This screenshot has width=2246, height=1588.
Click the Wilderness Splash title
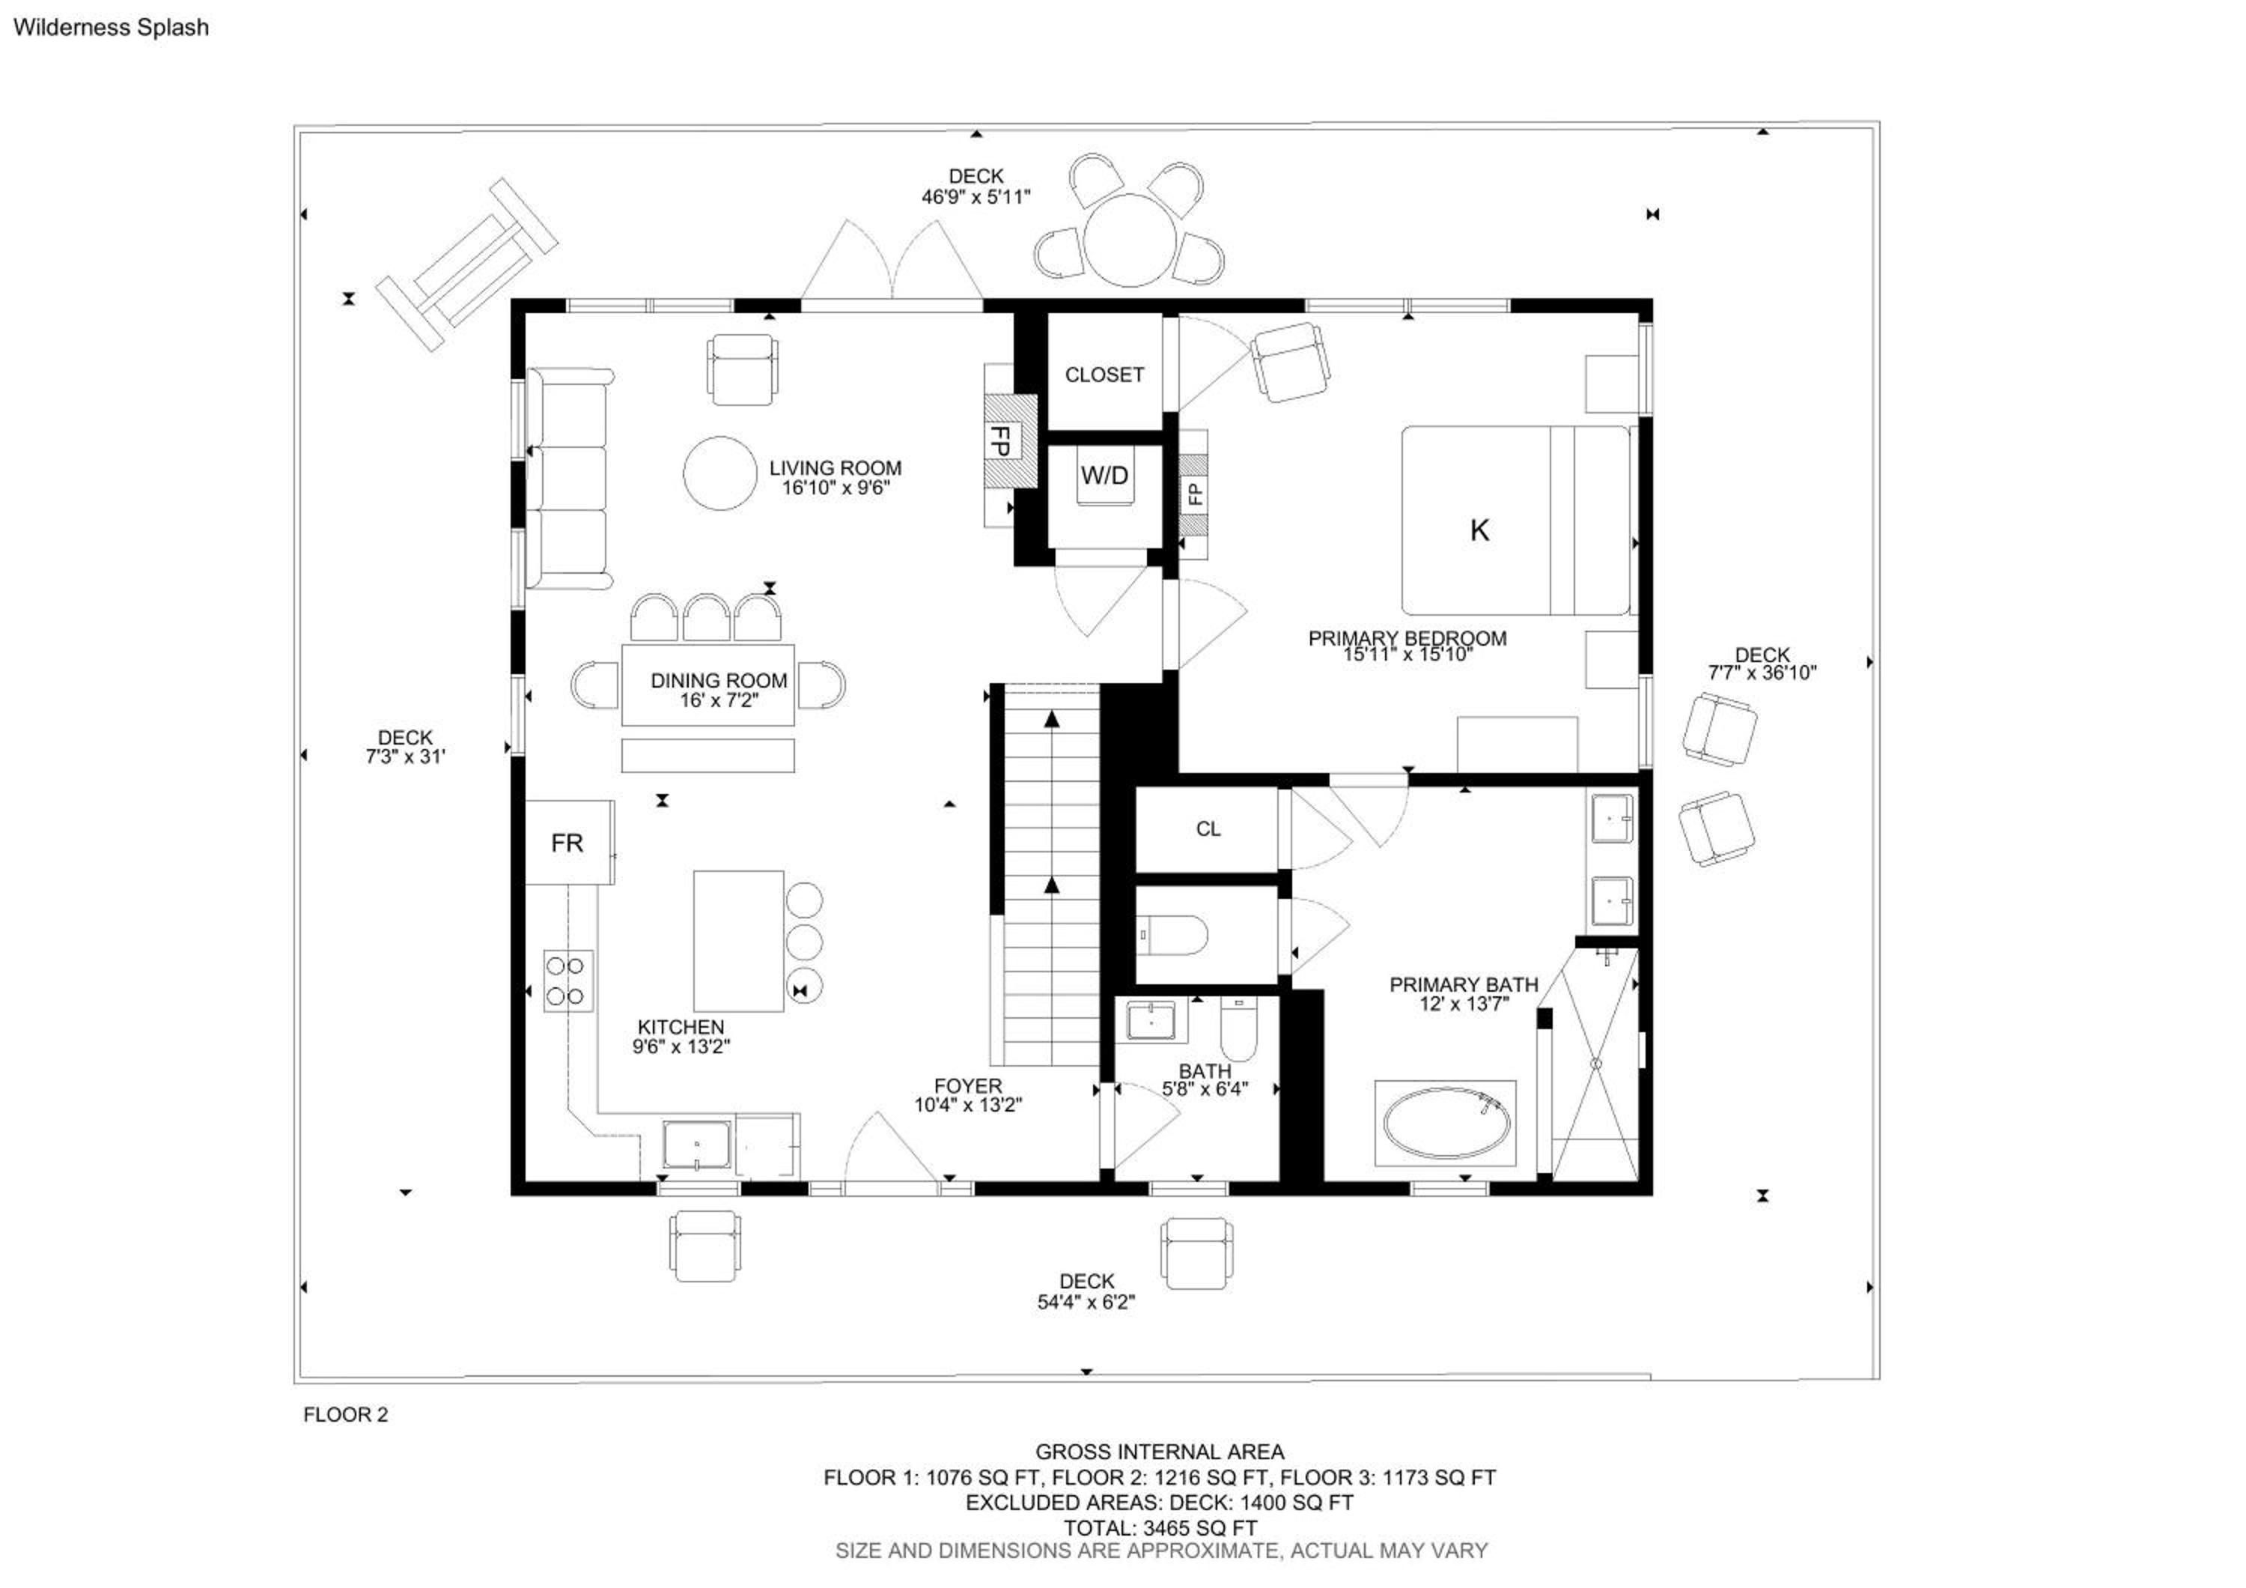(x=111, y=28)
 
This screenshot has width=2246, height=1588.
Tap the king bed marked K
(x=1515, y=520)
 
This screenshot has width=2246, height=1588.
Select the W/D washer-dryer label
(x=1104, y=476)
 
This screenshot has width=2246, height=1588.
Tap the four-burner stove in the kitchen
(x=568, y=981)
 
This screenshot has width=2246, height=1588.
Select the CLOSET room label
(x=1104, y=375)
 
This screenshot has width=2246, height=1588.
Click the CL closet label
(x=1208, y=828)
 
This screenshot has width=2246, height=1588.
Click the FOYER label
(x=967, y=1086)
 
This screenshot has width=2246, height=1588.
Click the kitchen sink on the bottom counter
(x=696, y=1145)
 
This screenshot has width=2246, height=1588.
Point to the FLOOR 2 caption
(x=345, y=1415)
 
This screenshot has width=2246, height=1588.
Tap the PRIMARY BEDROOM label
(x=1407, y=638)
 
